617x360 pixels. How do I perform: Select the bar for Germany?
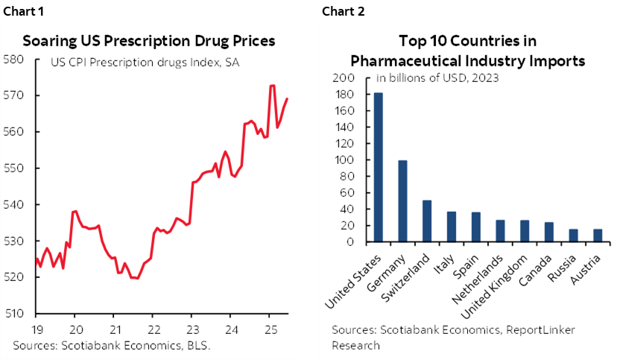point(402,201)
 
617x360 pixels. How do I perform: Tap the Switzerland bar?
point(427,221)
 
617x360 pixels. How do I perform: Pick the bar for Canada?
point(548,232)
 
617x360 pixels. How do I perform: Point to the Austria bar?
point(597,236)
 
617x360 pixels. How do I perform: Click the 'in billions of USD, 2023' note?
point(437,77)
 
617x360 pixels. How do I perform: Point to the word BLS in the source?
point(198,345)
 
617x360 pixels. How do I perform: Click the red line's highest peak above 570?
point(272,86)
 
